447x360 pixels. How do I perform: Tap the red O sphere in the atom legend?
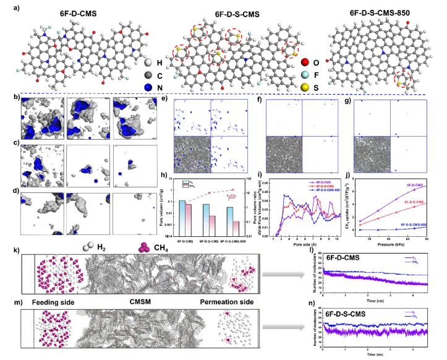tap(304, 62)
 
